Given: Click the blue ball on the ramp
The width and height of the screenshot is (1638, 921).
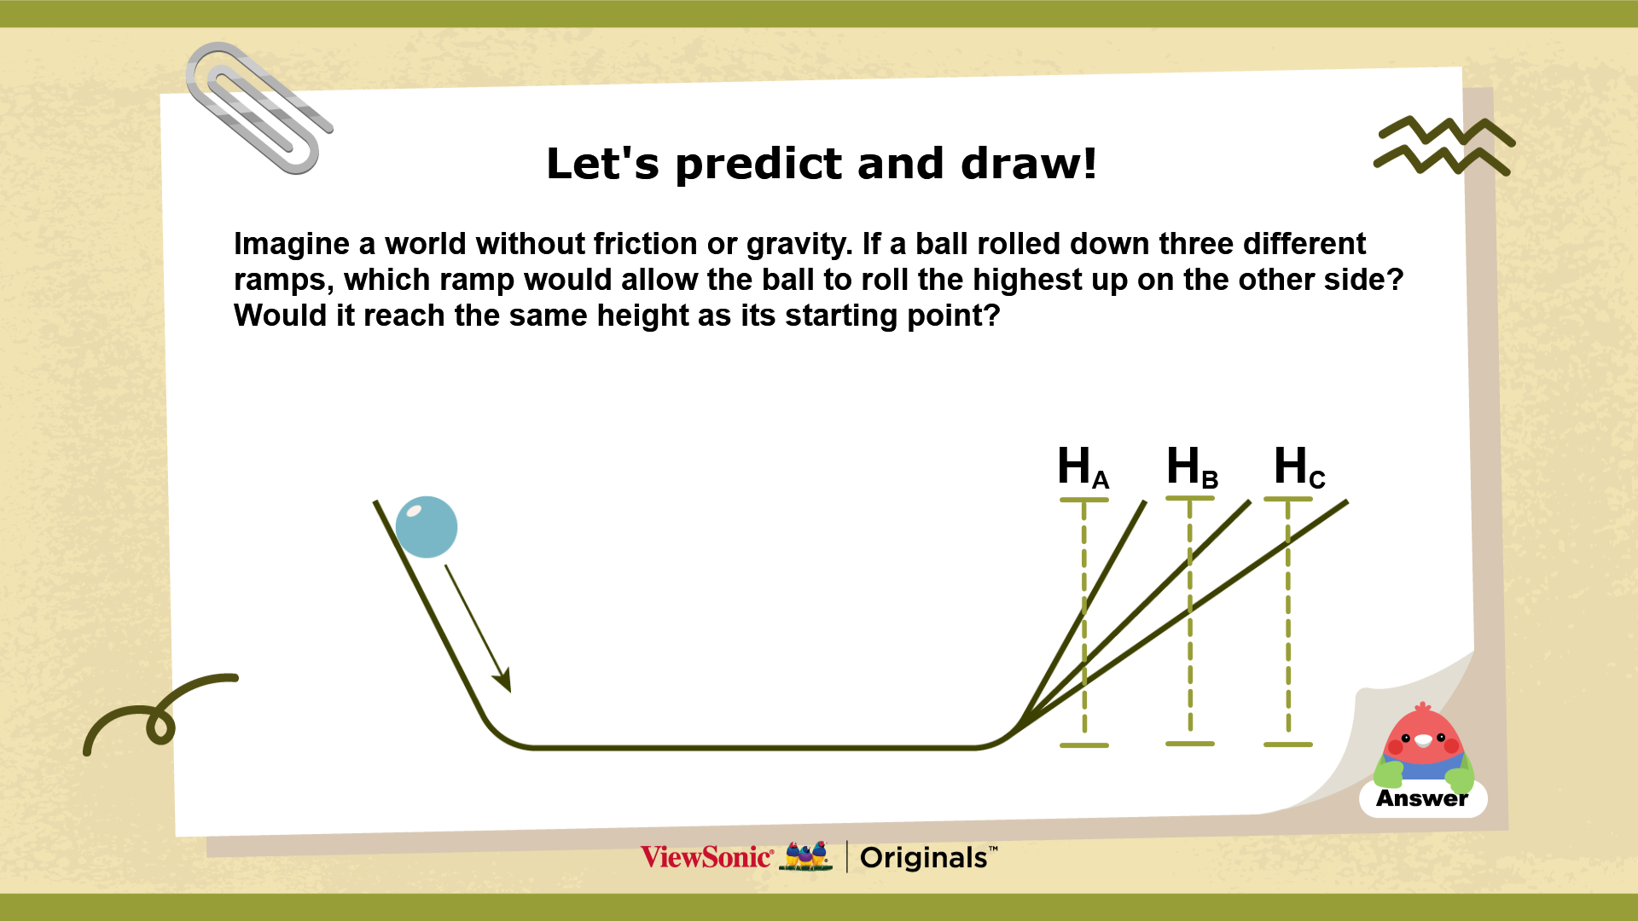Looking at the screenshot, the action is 427,527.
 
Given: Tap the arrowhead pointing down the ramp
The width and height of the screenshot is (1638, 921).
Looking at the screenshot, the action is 502,680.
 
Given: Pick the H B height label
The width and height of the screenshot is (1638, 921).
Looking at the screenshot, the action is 1192,467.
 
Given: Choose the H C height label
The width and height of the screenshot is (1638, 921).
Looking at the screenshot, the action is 1299,467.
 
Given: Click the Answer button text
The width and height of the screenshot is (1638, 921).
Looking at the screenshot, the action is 1422,799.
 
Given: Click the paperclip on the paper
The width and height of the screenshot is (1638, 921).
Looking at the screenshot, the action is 258,108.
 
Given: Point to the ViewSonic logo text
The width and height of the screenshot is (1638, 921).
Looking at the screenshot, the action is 707,857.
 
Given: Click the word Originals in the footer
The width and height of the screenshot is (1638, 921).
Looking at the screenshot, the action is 924,858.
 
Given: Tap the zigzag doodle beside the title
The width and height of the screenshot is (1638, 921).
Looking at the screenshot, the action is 1443,146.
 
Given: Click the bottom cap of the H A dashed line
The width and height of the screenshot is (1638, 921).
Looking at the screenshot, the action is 1083,745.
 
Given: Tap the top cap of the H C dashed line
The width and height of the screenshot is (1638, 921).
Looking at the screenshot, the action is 1287,499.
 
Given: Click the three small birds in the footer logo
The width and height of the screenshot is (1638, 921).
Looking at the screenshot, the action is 806,855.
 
